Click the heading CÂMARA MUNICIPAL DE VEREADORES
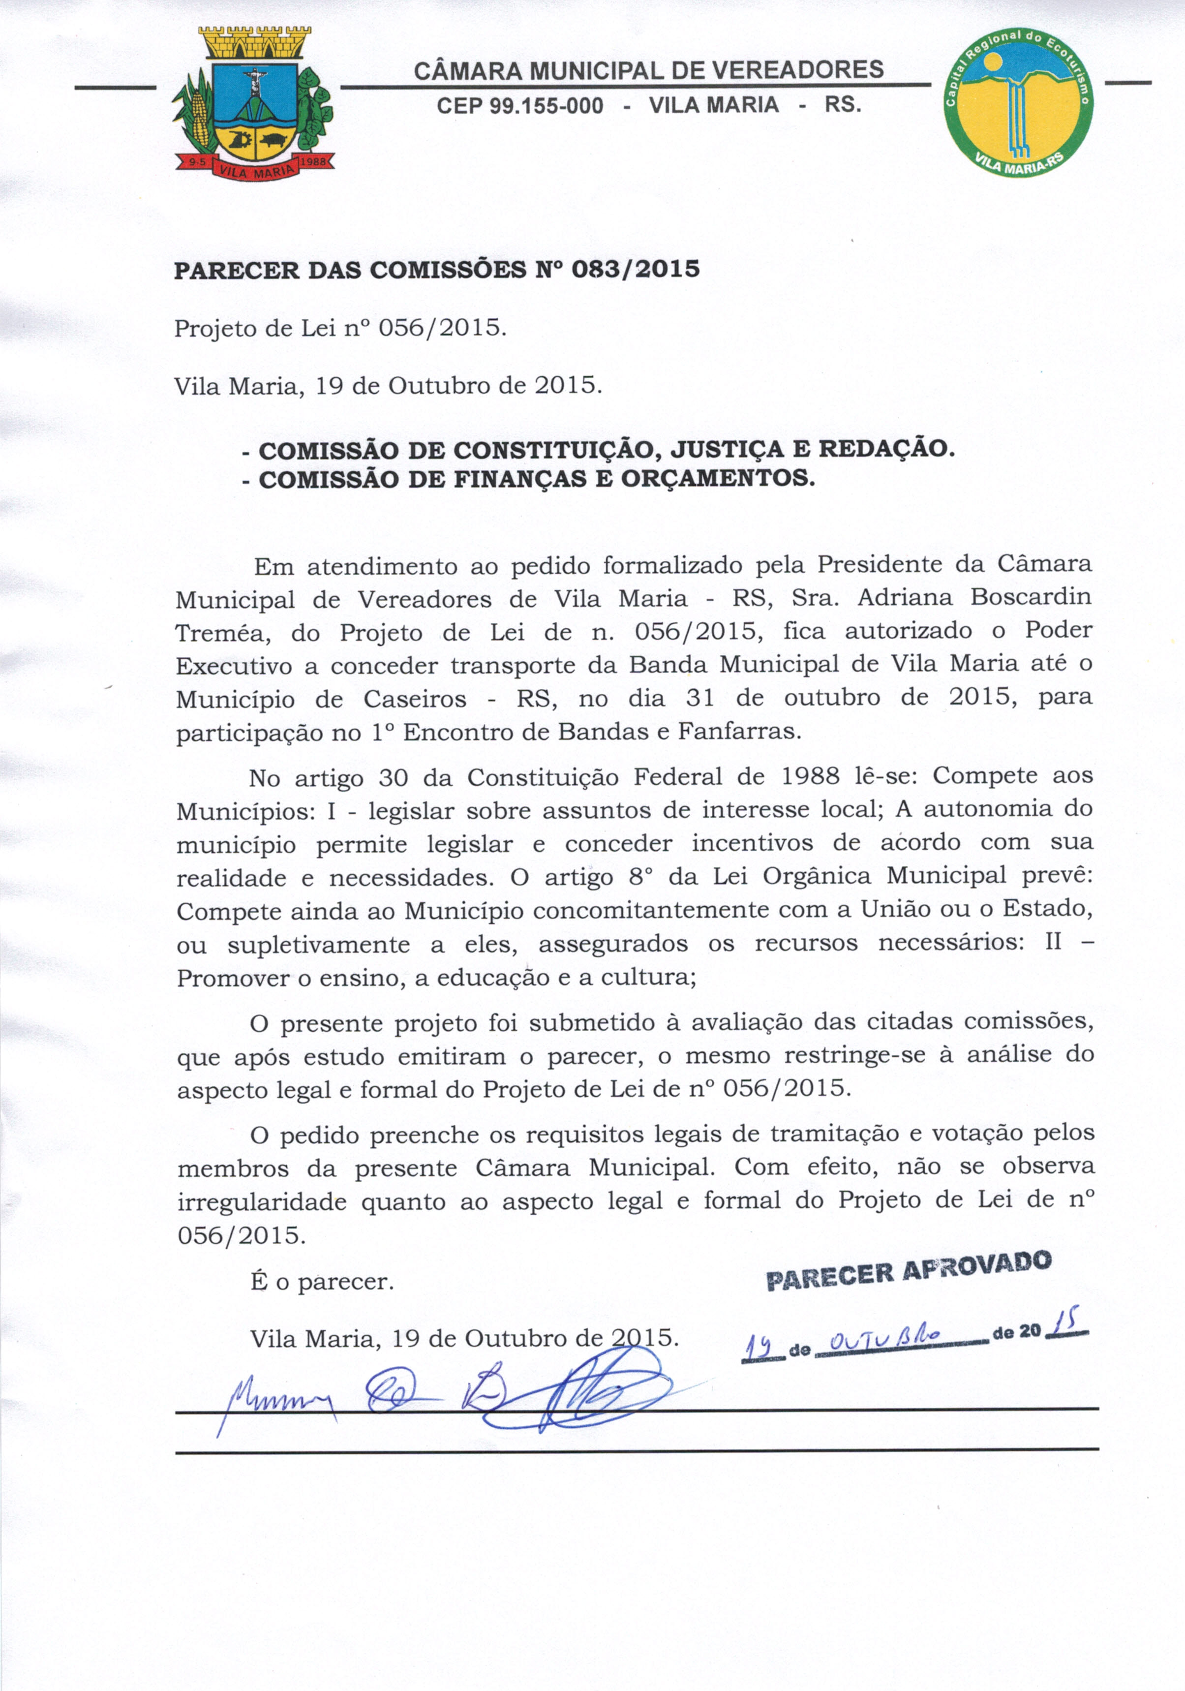pyautogui.click(x=648, y=71)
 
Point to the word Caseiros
pyautogui.click(x=415, y=698)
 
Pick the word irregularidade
pyautogui.click(x=262, y=1202)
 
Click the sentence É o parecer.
pyautogui.click(x=322, y=1282)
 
